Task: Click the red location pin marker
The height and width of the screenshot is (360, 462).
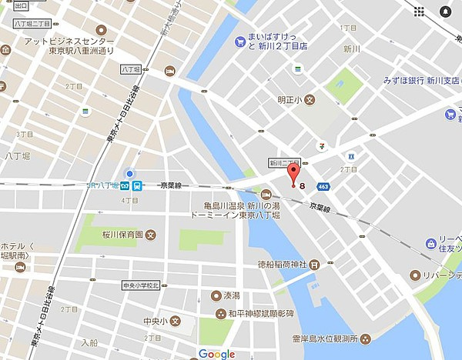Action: tap(293, 174)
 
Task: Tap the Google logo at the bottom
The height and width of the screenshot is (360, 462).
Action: tap(216, 353)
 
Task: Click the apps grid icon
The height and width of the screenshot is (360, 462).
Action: tap(419, 12)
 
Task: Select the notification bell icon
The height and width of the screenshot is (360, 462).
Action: tap(446, 12)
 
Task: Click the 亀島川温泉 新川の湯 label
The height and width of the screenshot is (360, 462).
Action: tap(231, 206)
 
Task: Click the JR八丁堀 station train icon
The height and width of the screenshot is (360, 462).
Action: tap(136, 185)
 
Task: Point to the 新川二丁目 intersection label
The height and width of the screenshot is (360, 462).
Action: tap(284, 162)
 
